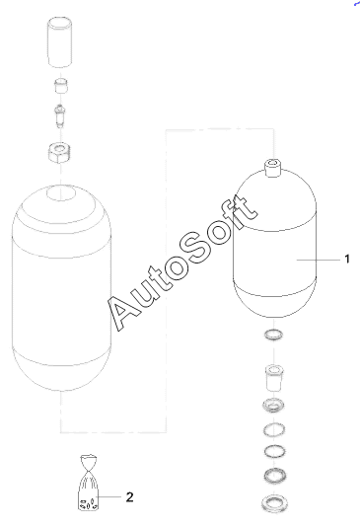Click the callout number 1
coord(347,260)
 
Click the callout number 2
coord(129,496)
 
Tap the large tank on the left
coord(61,288)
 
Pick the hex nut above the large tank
coord(60,152)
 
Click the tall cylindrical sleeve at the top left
coord(60,42)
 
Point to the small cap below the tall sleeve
coord(61,87)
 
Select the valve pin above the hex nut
coord(60,115)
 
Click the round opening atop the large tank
coord(61,192)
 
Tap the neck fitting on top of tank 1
coord(273,168)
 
